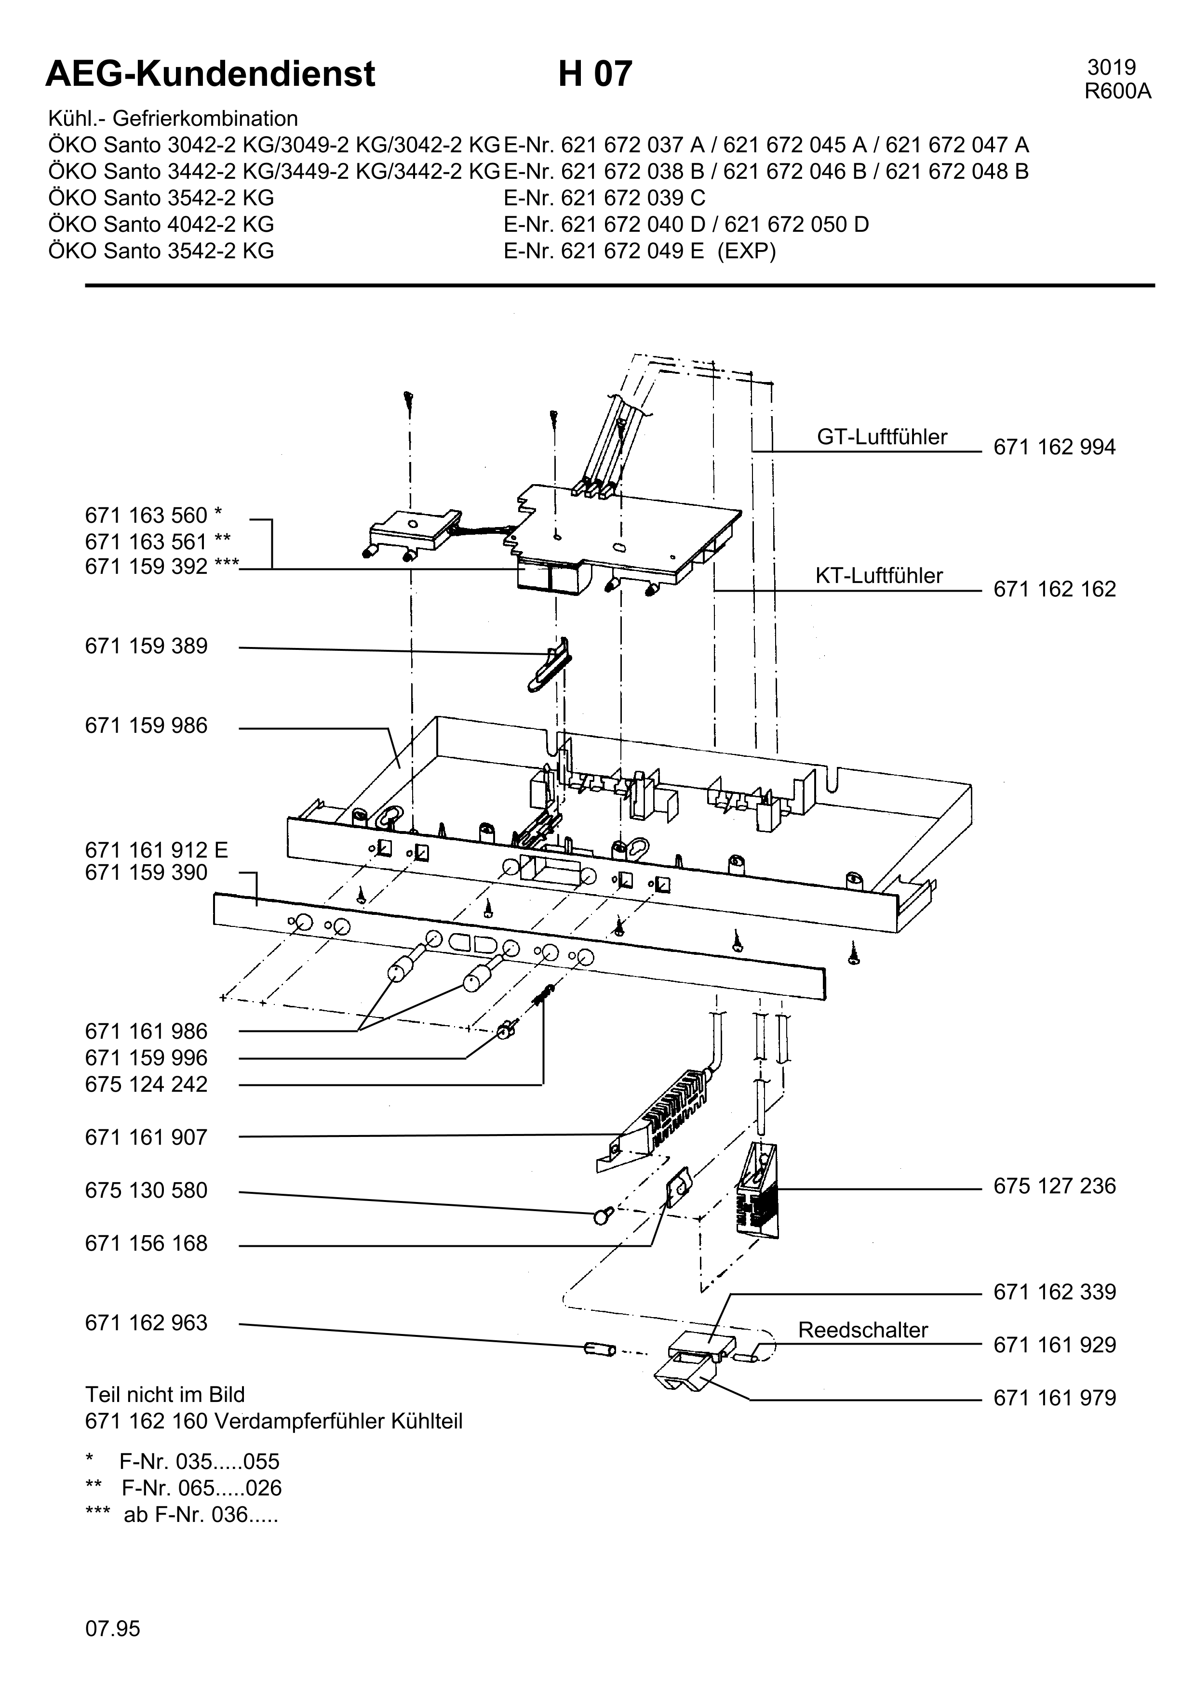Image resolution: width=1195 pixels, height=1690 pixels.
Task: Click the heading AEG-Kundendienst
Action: [211, 74]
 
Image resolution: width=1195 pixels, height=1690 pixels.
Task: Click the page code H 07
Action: [595, 74]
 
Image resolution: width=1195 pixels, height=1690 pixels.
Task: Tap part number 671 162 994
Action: [1054, 448]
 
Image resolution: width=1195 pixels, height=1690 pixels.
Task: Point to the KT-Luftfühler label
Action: [879, 576]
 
